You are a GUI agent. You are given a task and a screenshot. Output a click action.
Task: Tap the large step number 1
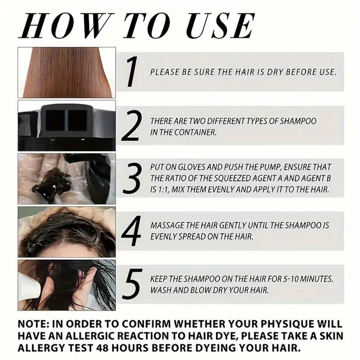(x=132, y=72)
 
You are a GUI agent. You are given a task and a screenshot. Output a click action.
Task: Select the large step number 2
(x=131, y=126)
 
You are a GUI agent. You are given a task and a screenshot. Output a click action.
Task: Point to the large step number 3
(x=131, y=178)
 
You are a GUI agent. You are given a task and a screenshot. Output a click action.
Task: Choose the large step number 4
(x=131, y=231)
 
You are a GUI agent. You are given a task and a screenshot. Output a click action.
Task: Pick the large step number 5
(x=132, y=284)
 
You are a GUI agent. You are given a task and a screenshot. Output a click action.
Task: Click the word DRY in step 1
(x=275, y=72)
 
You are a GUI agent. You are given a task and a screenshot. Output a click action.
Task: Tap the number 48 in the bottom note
(x=102, y=348)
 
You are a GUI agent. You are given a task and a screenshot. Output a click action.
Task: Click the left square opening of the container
(x=55, y=120)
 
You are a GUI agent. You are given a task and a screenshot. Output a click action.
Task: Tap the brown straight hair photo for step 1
(x=67, y=72)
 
